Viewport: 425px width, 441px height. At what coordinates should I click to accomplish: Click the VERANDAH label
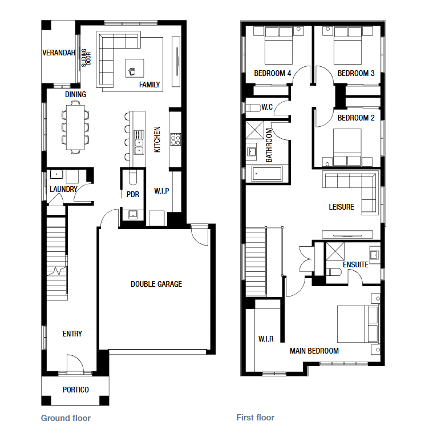point(59,53)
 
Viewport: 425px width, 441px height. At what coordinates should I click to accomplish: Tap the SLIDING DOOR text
point(86,58)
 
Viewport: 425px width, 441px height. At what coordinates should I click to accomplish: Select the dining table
point(75,127)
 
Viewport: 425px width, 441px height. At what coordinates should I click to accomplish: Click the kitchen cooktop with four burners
point(176,139)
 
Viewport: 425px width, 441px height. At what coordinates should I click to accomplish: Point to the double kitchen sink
point(139,142)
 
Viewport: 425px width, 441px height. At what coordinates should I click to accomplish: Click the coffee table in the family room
point(135,68)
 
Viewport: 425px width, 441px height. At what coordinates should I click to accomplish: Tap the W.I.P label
point(161,191)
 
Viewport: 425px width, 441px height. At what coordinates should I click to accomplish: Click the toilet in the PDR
point(133,177)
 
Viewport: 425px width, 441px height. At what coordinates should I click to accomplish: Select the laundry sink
point(56,174)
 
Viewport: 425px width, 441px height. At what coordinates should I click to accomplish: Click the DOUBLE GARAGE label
point(156,284)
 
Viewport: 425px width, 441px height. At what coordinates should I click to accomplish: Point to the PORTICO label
point(75,390)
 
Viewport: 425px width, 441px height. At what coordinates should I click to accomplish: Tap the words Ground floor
point(66,418)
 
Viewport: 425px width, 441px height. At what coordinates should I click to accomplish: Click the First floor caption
point(256,418)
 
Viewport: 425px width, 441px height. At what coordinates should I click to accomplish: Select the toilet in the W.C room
point(253,108)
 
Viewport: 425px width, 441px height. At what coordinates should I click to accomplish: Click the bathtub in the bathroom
point(267,174)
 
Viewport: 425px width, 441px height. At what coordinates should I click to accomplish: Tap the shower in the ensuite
point(335,251)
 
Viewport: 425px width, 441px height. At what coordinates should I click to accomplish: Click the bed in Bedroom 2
point(347,147)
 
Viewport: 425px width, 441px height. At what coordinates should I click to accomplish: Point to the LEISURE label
point(341,207)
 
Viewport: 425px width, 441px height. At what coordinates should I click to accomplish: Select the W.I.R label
point(266,339)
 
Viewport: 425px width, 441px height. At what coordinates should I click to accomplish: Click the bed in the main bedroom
point(358,324)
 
